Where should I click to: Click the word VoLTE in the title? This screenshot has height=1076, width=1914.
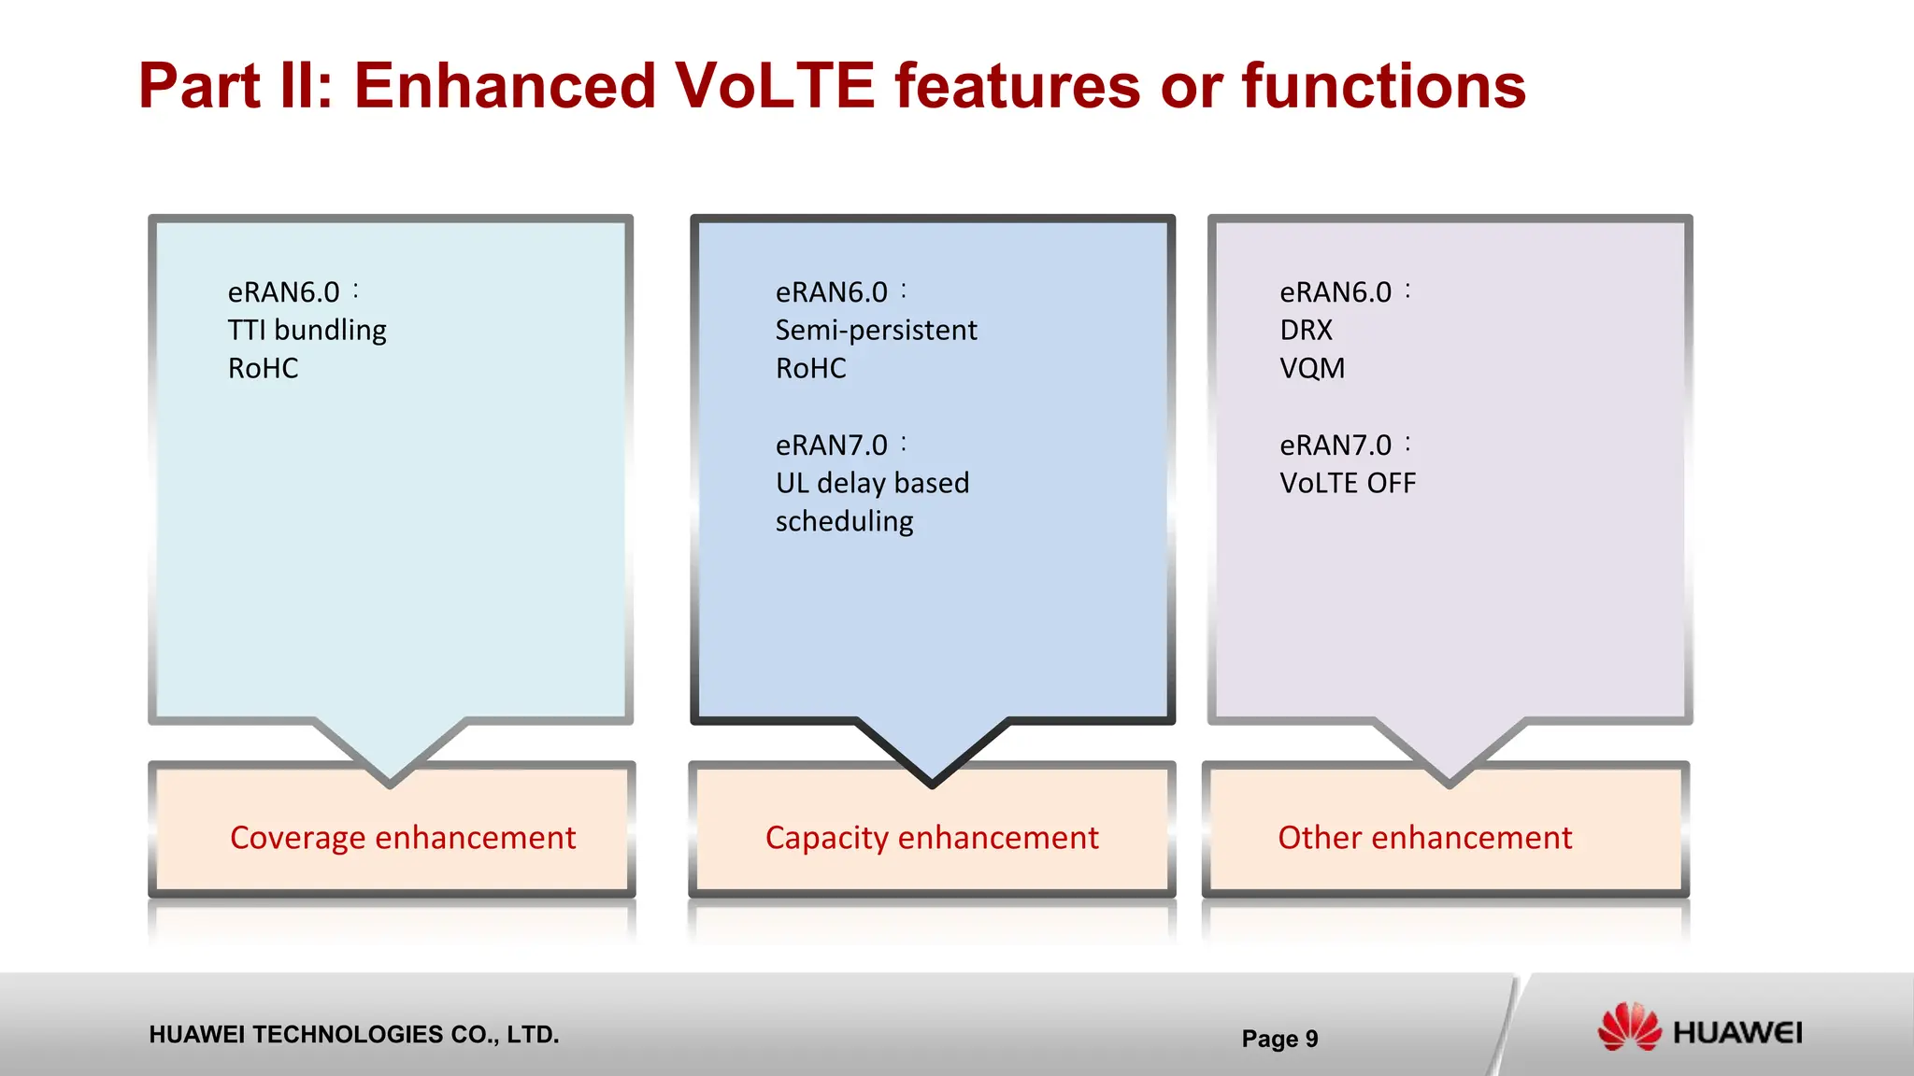774,86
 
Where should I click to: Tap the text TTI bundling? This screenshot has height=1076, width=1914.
307,331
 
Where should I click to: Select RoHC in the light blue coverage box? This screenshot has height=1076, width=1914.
263,369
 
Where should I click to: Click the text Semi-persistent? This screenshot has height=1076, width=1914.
876,331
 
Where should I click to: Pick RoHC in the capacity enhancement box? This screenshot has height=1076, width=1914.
810,369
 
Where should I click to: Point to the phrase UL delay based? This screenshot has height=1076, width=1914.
872,483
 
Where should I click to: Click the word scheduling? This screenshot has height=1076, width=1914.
844,522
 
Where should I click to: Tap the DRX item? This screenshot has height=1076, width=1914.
1306,331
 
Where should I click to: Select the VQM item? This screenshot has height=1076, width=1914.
1312,369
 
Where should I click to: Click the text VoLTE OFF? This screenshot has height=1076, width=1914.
1348,483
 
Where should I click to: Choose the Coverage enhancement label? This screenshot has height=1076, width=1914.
403,838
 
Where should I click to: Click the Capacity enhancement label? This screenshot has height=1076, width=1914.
932,838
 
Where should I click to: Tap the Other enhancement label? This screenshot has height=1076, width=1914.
1424,838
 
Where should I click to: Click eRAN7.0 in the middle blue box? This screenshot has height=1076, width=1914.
831,446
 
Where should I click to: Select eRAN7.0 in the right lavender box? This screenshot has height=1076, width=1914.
1335,446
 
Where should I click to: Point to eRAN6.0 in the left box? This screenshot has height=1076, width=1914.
283,292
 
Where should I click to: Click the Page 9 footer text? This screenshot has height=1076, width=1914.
1279,1039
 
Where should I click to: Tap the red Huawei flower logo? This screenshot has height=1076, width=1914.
1629,1027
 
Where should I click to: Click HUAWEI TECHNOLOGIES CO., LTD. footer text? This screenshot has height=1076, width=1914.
353,1035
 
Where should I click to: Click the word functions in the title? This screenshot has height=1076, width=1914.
1383,86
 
